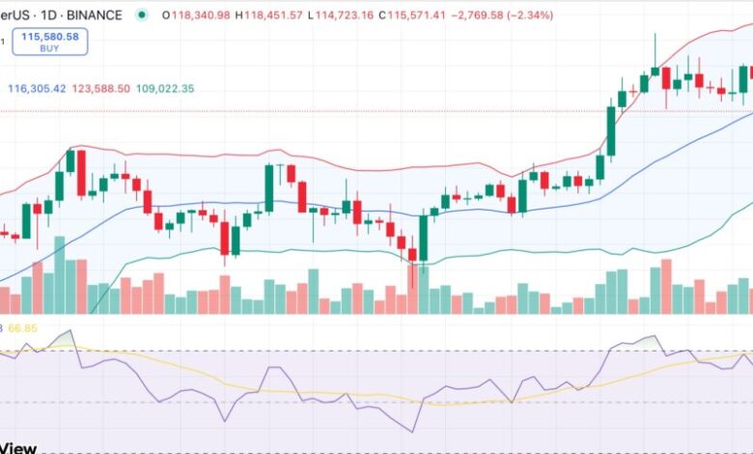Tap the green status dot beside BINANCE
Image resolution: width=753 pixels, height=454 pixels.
tap(143, 15)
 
